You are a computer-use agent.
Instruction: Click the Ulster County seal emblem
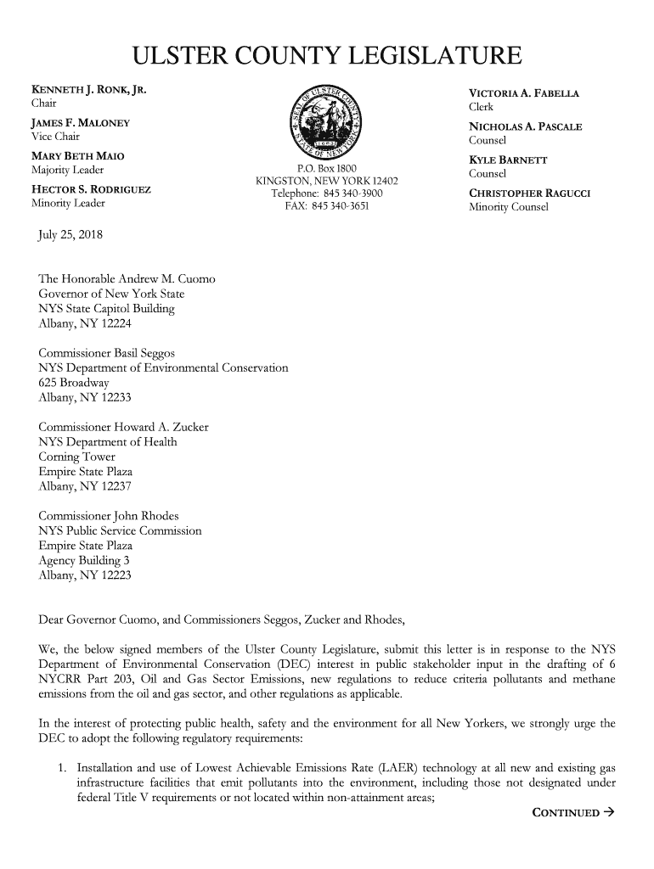pyautogui.click(x=327, y=118)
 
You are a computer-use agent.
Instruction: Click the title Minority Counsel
pyautogui.click(x=509, y=206)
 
